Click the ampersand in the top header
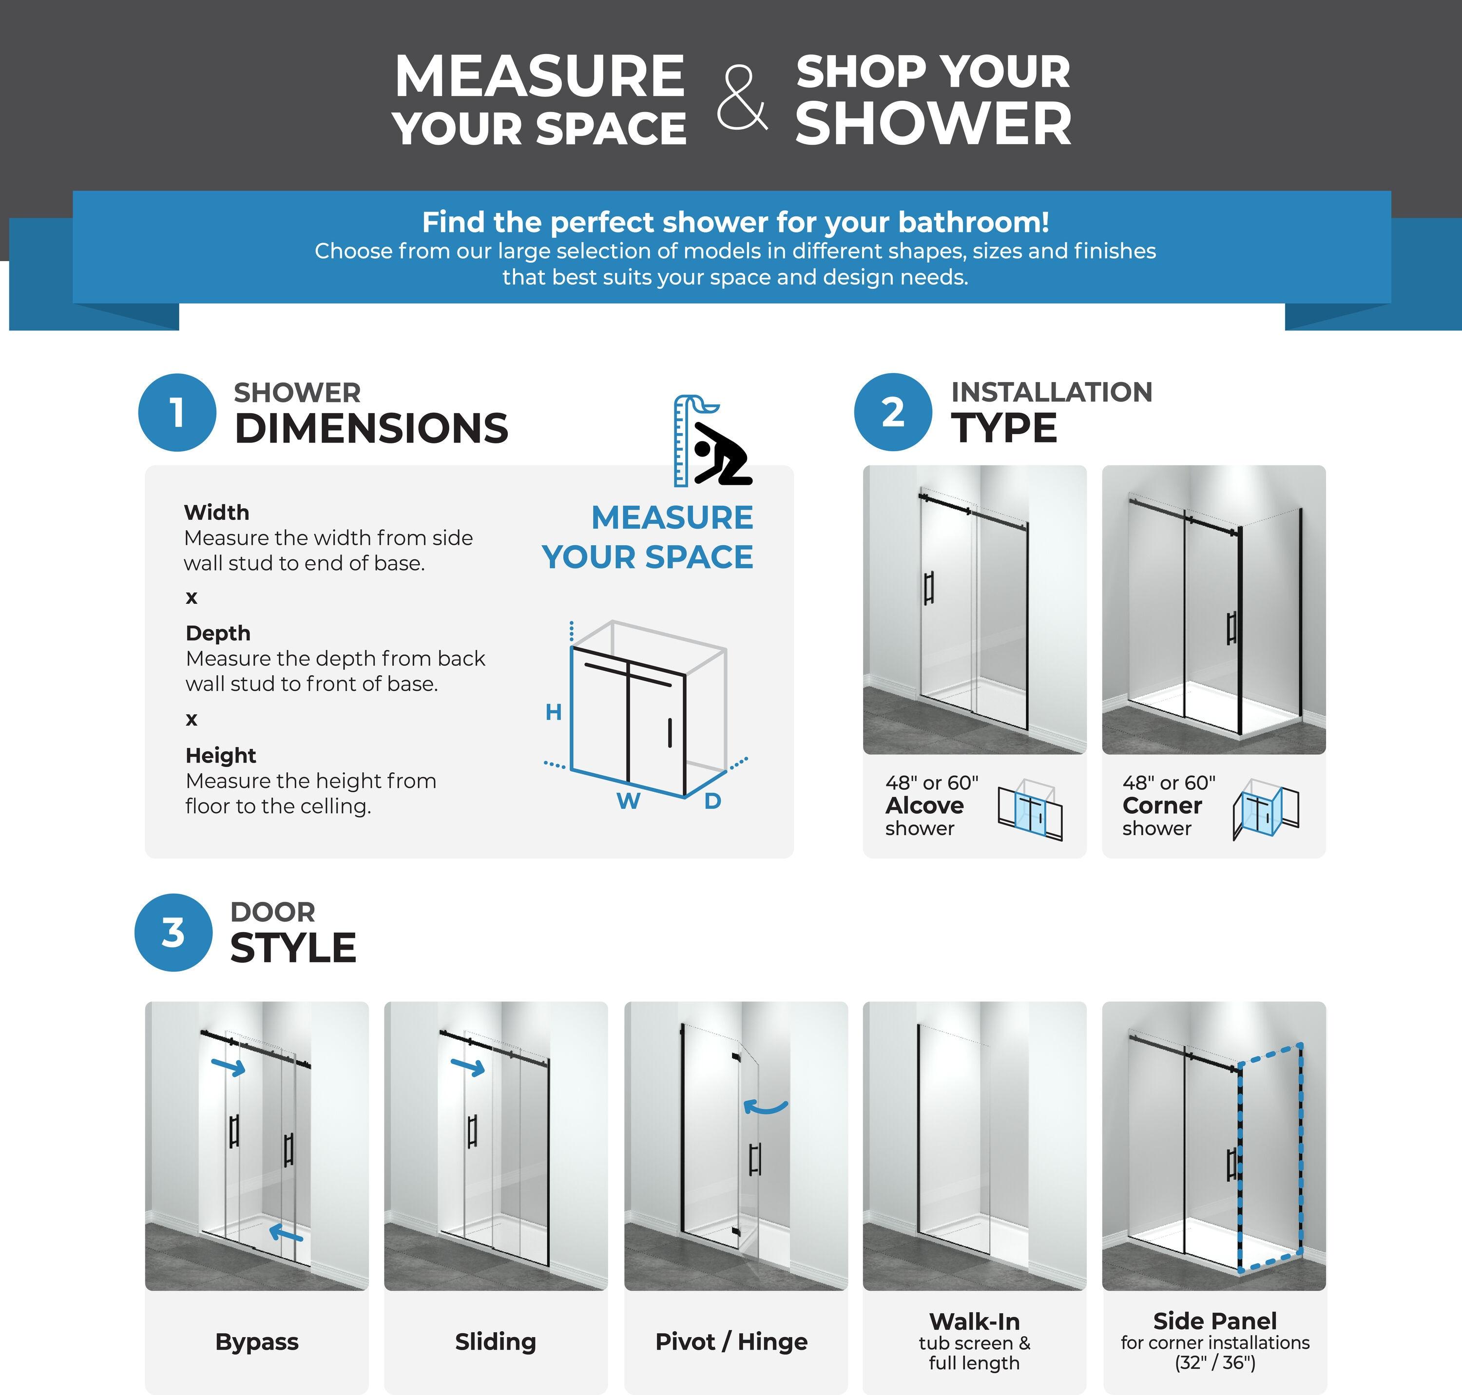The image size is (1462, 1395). [x=741, y=97]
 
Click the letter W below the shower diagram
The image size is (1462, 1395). [x=628, y=802]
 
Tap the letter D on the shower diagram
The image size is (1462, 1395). [x=712, y=802]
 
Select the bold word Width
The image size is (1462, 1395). [x=216, y=512]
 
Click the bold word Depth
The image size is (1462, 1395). [x=218, y=633]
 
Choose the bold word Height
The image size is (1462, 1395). [x=221, y=756]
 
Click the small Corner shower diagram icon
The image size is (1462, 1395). [x=1266, y=809]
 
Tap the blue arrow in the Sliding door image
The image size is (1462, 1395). [x=468, y=1067]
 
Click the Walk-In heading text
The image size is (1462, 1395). [x=974, y=1321]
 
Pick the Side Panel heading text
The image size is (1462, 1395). [x=1214, y=1320]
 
